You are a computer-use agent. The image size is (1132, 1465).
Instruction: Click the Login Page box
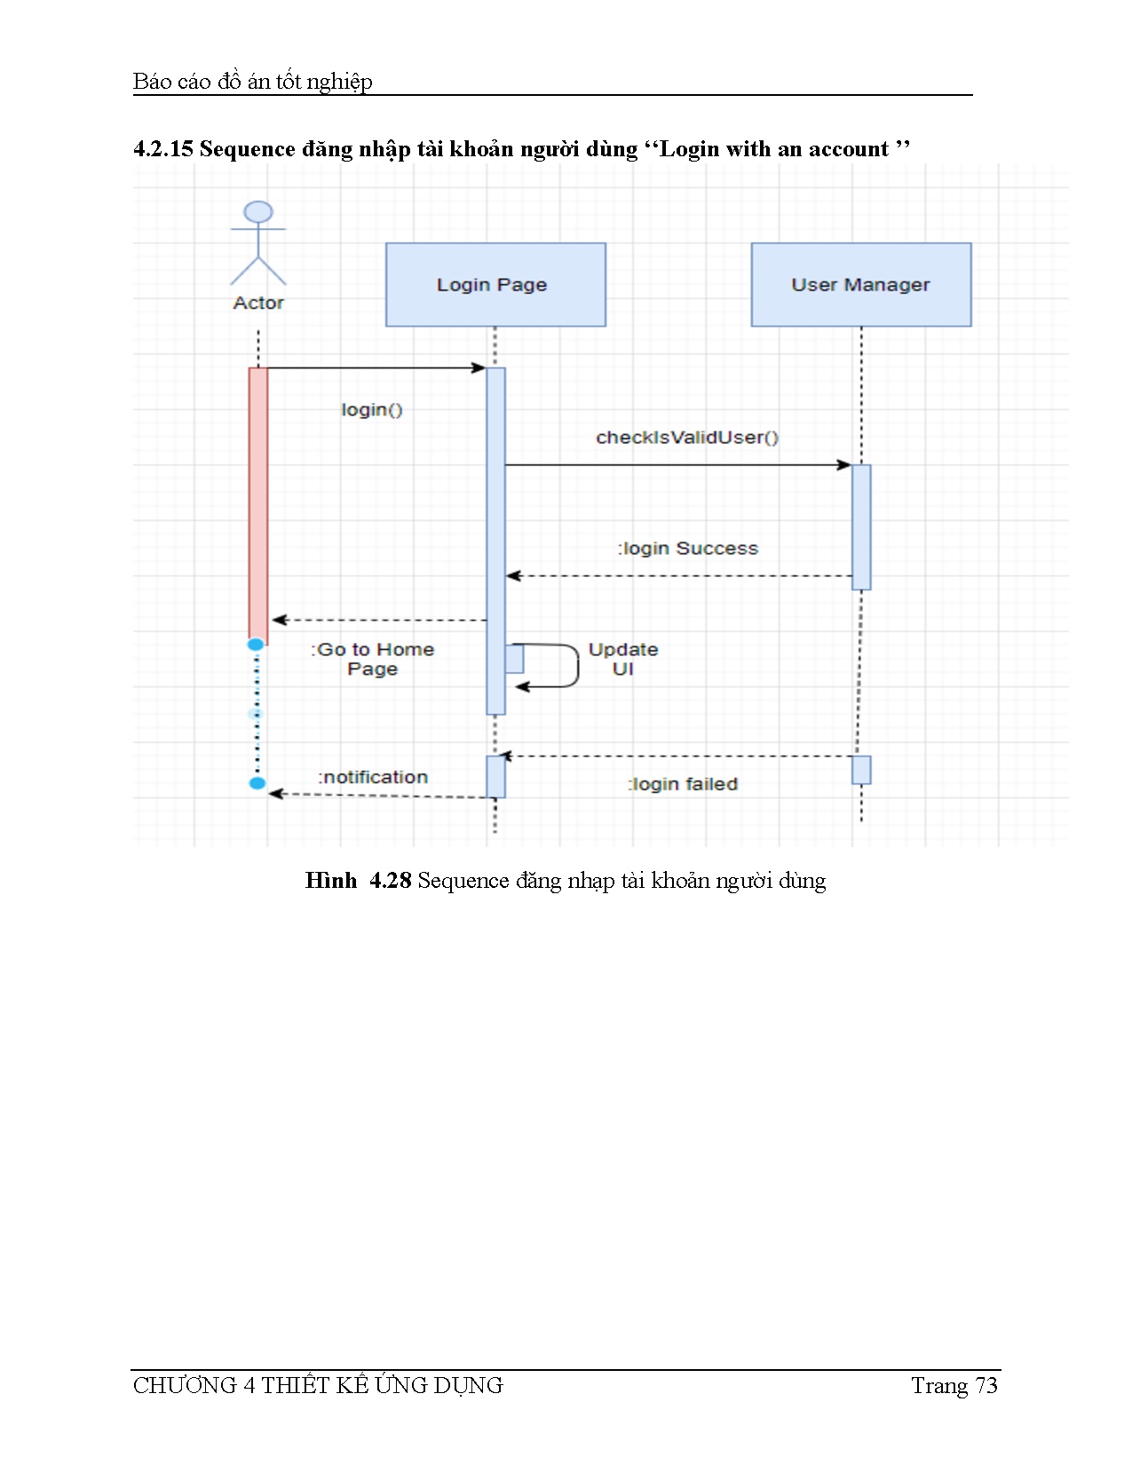coord(495,284)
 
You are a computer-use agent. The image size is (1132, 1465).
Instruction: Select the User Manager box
coord(860,284)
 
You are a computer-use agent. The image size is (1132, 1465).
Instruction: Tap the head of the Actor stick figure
coord(258,212)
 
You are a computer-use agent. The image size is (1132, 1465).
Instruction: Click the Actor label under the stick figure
coord(258,303)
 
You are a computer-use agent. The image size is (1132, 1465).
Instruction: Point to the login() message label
coord(372,409)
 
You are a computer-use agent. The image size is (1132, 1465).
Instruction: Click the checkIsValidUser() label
coord(687,437)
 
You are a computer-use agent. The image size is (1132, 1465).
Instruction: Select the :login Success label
coord(689,549)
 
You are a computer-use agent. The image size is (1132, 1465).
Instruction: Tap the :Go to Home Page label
coord(373,659)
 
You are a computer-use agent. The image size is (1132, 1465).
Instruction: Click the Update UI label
coord(623,659)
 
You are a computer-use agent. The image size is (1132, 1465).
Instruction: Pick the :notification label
coord(374,777)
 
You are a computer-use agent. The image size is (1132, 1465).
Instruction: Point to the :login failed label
coord(684,784)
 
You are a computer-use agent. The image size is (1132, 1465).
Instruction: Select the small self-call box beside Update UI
coord(515,659)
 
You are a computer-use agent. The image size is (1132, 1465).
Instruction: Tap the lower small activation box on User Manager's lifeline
coord(861,770)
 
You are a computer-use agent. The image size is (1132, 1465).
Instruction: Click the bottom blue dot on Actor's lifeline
coord(257,783)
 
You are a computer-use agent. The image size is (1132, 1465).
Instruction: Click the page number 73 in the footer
coord(986,1386)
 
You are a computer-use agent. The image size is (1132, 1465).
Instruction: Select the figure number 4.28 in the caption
coord(391,880)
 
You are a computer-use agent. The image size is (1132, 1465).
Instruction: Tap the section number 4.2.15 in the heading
coord(163,148)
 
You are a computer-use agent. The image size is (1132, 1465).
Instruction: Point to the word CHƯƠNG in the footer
coord(185,1386)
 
